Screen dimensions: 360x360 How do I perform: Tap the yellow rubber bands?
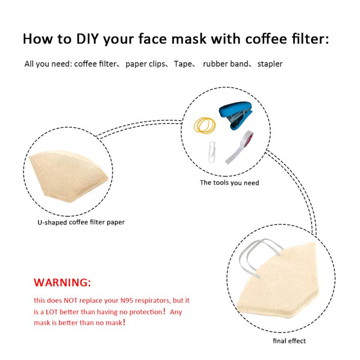pyautogui.click(x=205, y=125)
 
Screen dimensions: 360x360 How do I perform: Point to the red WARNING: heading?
pyautogui.click(x=62, y=283)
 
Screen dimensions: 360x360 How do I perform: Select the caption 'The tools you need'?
pyautogui.click(x=229, y=183)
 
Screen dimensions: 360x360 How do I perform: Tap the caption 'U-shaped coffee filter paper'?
pyautogui.click(x=81, y=222)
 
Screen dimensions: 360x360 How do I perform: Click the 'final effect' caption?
pyautogui.click(x=289, y=341)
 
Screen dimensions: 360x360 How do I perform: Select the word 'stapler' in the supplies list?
pyautogui.click(x=270, y=64)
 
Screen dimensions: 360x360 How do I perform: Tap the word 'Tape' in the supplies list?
pyautogui.click(x=183, y=64)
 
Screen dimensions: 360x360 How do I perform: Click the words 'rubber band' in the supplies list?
pyautogui.click(x=225, y=64)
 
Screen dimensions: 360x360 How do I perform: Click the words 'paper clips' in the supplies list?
pyautogui.click(x=145, y=64)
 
